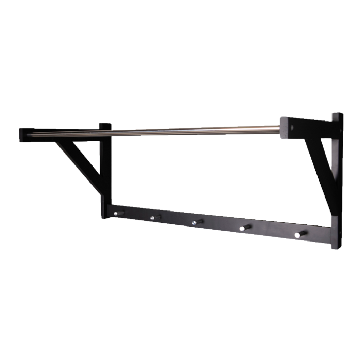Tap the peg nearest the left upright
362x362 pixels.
click(118, 213)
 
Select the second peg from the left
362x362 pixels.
click(155, 218)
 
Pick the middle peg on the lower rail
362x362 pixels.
click(197, 222)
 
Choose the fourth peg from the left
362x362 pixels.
click(246, 227)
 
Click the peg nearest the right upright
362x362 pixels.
click(300, 234)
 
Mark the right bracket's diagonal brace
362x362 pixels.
click(317, 160)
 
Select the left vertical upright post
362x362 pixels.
click(106, 171)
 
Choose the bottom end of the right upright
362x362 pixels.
click(336, 247)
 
